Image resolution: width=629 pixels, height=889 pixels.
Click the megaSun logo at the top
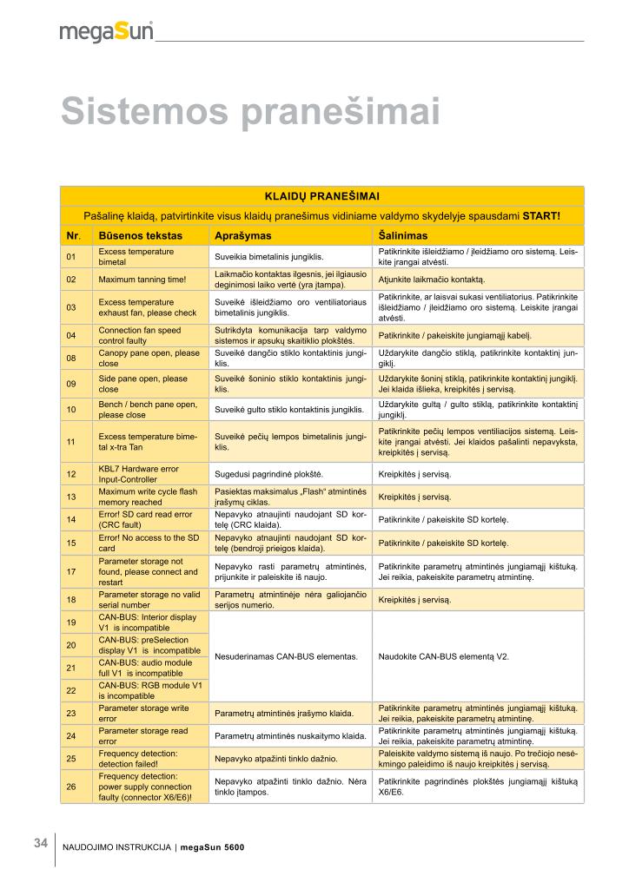106,32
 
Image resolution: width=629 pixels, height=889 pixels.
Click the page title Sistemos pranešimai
249,113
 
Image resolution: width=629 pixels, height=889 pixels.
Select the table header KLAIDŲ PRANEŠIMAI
321,197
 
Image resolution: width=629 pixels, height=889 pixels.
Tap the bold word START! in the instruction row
541,215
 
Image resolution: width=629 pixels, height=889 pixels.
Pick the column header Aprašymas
243,235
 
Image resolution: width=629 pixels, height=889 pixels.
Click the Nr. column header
73,235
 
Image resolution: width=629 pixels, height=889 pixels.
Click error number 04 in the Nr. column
71,335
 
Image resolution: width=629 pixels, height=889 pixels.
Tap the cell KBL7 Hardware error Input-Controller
139,474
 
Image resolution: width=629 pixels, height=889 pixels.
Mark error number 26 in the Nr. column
71,787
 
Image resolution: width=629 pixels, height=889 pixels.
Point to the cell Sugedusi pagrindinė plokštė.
268,474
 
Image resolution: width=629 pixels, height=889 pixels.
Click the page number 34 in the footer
41,843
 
